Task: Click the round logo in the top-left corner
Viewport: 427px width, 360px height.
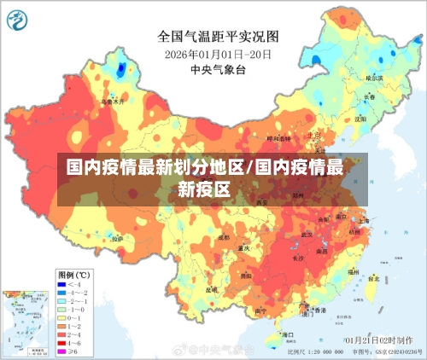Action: click(20, 18)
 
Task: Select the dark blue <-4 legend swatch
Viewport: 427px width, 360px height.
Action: click(61, 284)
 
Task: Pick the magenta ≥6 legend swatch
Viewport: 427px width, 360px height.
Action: click(61, 351)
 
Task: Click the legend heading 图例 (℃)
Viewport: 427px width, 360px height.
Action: click(75, 275)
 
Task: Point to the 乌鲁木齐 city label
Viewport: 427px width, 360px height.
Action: click(112, 101)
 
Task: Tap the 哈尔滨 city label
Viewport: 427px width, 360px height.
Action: click(374, 77)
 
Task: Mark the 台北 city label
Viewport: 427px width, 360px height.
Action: click(373, 277)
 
